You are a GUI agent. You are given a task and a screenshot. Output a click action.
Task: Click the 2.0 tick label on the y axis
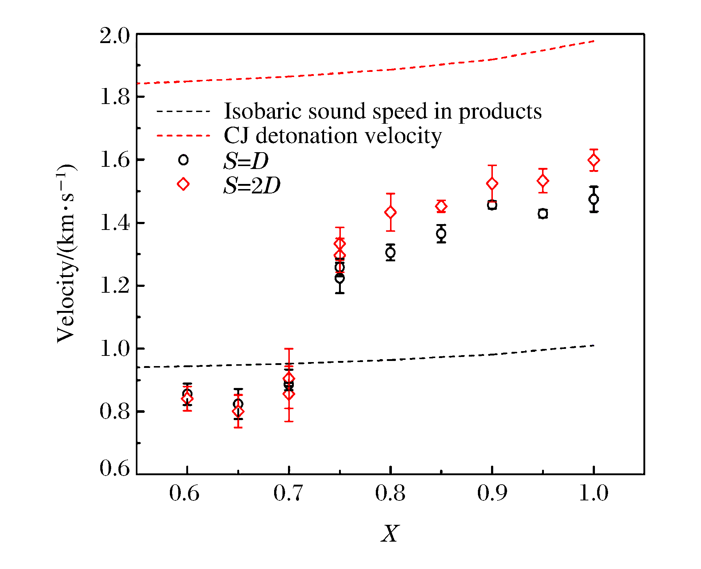114,36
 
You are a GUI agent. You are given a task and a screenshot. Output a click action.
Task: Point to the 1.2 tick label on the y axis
114,285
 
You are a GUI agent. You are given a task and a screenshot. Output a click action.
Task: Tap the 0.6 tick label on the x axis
184,493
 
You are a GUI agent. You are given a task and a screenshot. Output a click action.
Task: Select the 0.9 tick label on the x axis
492,493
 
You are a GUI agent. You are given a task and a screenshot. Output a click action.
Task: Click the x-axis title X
390,534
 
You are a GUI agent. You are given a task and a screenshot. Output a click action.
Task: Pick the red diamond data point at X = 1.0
594,160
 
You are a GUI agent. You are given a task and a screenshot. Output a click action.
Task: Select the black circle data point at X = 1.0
594,199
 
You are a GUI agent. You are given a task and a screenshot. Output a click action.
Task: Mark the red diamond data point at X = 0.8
390,212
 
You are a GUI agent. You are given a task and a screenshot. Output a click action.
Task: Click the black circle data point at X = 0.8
390,252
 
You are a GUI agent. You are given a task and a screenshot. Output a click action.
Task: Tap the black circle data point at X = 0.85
441,233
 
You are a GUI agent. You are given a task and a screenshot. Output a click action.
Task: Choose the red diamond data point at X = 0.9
492,184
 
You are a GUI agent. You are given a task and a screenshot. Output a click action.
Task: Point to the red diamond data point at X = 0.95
543,181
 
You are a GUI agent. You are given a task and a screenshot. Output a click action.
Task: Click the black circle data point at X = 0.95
543,214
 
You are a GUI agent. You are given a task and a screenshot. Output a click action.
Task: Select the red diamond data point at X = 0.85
441,207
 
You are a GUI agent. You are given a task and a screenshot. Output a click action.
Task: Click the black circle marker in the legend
183,160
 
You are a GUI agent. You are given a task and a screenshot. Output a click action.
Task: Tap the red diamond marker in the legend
183,184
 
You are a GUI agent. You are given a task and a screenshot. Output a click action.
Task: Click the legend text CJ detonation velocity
332,136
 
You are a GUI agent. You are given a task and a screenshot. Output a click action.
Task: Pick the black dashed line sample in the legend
183,111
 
